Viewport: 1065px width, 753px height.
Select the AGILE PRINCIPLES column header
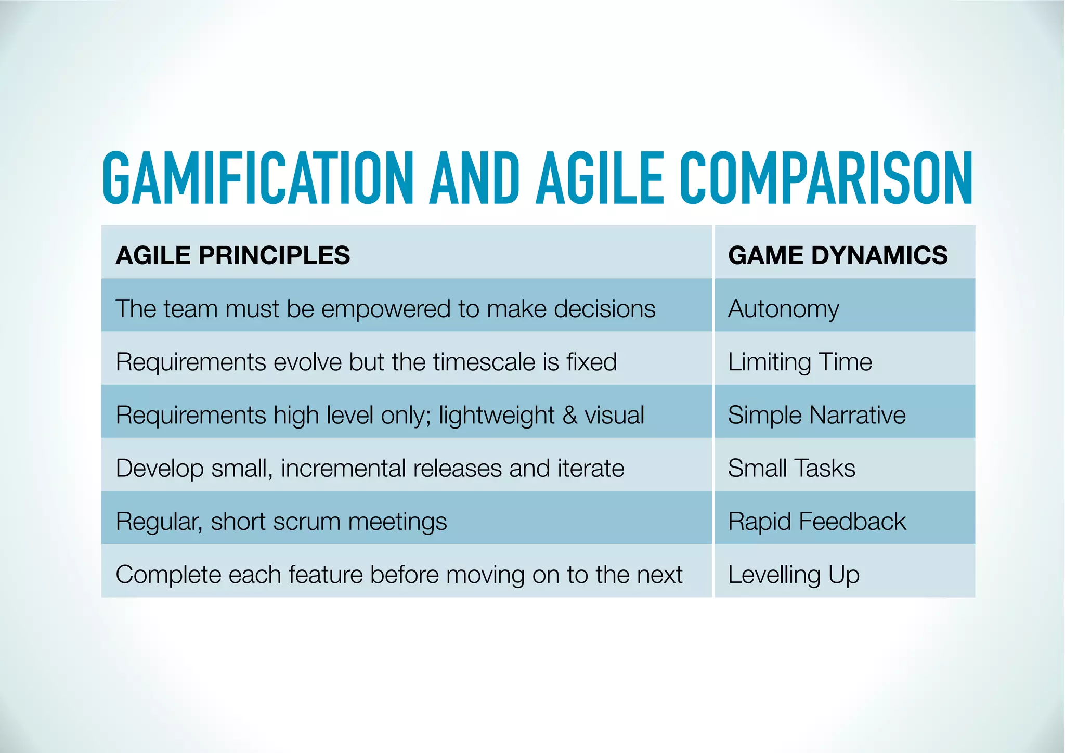(x=233, y=255)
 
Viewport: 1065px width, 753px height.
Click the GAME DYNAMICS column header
(x=838, y=255)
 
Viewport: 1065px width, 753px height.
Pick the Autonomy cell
(x=783, y=309)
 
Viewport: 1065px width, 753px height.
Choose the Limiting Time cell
(x=800, y=362)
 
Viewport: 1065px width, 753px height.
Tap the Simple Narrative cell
(x=816, y=415)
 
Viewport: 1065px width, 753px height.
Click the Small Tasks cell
(x=791, y=468)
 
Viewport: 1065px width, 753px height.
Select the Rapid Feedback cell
(x=817, y=522)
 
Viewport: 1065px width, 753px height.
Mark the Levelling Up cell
(x=794, y=575)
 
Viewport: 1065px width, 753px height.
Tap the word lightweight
(x=497, y=416)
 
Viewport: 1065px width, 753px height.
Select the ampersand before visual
(x=570, y=416)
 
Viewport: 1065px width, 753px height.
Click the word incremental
(x=343, y=468)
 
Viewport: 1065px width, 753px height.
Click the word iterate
(x=591, y=468)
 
